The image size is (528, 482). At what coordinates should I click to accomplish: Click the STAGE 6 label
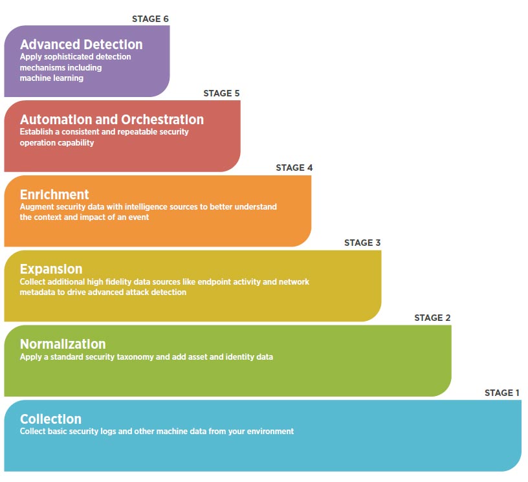pyautogui.click(x=150, y=19)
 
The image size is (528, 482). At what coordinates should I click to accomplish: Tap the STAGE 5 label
pyautogui.click(x=221, y=93)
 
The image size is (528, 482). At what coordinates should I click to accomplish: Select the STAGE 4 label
pyautogui.click(x=294, y=168)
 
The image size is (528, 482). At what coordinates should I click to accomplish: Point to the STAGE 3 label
pyautogui.click(x=362, y=243)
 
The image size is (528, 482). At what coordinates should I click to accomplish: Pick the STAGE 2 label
pyautogui.click(x=432, y=318)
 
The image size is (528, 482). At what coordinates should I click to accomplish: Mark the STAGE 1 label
pyautogui.click(x=502, y=393)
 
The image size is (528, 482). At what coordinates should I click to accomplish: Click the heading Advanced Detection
pyautogui.click(x=81, y=45)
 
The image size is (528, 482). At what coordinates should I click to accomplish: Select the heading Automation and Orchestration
pyautogui.click(x=112, y=120)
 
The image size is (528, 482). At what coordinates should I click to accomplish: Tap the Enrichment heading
pyautogui.click(x=54, y=195)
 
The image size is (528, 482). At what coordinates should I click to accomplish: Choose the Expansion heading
pyautogui.click(x=51, y=269)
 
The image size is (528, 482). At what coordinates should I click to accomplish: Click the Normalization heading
pyautogui.click(x=63, y=344)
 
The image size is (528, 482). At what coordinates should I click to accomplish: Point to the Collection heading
pyautogui.click(x=51, y=419)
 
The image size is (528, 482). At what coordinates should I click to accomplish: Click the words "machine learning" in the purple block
pyautogui.click(x=52, y=78)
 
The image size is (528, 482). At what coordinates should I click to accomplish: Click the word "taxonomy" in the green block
pyautogui.click(x=135, y=357)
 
